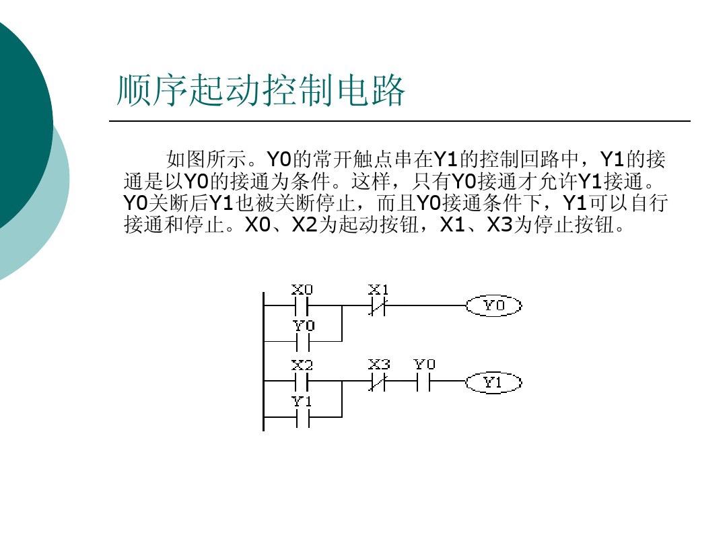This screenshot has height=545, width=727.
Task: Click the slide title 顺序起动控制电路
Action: [261, 91]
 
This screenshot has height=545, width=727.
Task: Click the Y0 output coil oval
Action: [493, 306]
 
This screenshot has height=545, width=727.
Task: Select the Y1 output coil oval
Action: [493, 383]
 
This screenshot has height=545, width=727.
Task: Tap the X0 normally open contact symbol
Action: [302, 306]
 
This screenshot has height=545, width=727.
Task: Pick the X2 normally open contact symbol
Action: [302, 383]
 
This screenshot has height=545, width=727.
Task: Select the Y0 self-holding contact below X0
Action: [302, 342]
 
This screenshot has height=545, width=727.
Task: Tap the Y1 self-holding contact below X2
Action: [302, 418]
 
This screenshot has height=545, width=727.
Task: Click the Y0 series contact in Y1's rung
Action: [424, 383]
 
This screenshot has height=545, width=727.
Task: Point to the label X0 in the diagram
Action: [302, 290]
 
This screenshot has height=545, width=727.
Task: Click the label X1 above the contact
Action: [379, 290]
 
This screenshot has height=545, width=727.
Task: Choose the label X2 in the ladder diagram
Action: [302, 365]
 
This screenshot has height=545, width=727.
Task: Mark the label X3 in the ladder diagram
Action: [379, 365]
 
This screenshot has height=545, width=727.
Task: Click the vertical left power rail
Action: [263, 360]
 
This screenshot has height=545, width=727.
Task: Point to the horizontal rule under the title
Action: [400, 121]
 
